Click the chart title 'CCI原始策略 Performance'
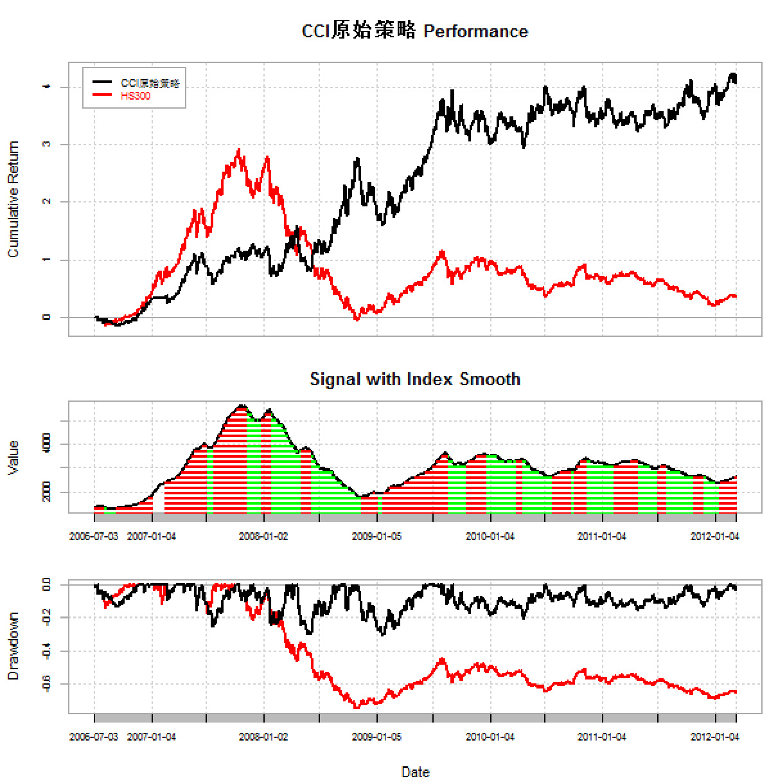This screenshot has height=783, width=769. point(414,31)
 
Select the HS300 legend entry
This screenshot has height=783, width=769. point(135,96)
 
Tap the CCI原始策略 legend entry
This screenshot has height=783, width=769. point(150,83)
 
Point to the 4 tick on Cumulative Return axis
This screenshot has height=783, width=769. point(46,87)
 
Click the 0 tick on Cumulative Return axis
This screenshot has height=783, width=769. point(46,318)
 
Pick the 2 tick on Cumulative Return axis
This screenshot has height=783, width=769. point(46,202)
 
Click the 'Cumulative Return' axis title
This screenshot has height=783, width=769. point(13,199)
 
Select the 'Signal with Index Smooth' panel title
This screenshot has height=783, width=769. point(414,379)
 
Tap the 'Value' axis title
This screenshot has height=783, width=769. point(13,458)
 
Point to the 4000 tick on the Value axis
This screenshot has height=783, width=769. point(46,444)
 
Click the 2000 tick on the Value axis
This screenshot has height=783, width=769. point(46,492)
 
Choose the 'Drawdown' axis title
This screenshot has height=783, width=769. point(13,646)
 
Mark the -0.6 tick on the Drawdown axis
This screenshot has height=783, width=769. point(46,683)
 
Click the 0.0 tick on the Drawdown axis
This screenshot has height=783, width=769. point(46,585)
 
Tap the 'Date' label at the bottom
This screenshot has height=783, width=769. point(415,772)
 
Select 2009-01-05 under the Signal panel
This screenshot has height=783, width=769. point(376,536)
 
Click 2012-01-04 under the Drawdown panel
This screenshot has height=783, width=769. point(714,737)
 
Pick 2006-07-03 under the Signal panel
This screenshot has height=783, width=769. point(94,536)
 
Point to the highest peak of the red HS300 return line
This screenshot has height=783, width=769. point(239,150)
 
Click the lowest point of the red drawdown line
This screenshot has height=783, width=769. point(357,707)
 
